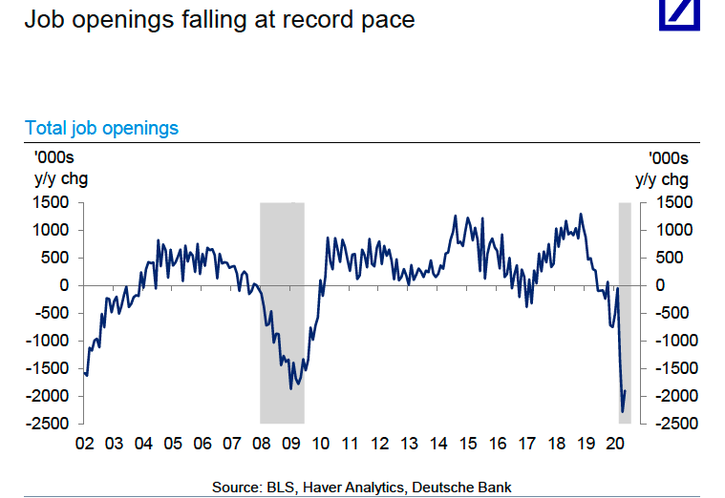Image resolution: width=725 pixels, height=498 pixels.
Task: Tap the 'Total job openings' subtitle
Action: (101, 128)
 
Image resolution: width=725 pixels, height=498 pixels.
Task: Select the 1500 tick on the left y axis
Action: (53, 202)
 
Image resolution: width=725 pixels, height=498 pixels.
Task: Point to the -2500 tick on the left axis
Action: (50, 424)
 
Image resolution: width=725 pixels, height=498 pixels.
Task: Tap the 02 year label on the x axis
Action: (84, 444)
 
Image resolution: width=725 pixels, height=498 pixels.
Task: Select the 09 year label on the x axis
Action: (291, 444)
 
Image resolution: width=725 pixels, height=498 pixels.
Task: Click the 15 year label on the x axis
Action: (468, 444)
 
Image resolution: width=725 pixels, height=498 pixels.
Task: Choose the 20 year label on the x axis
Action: (616, 444)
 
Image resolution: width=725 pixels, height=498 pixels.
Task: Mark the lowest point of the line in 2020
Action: (623, 412)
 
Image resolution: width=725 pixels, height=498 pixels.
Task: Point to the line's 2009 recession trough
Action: (291, 388)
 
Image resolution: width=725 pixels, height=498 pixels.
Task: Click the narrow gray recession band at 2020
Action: (626, 315)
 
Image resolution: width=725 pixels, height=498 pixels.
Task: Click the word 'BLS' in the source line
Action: (284, 488)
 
